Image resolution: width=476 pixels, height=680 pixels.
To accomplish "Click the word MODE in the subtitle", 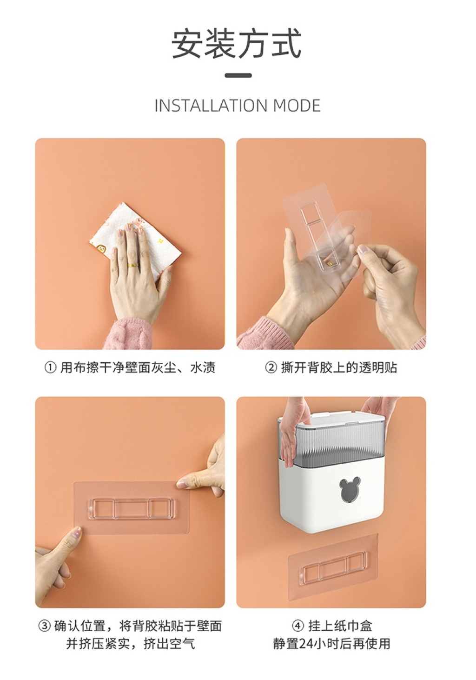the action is pyautogui.click(x=297, y=105).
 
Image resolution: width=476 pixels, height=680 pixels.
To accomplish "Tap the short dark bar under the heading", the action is pyautogui.click(x=238, y=75).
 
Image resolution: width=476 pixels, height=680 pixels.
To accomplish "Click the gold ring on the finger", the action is pyautogui.click(x=133, y=265).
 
